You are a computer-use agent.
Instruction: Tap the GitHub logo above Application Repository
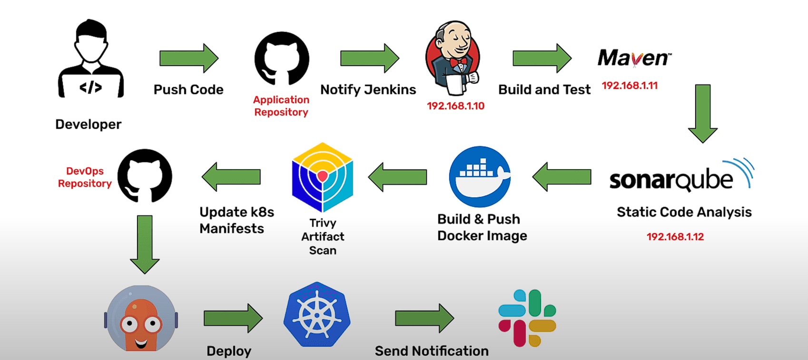(282, 58)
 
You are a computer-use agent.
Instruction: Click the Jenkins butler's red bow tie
(458, 62)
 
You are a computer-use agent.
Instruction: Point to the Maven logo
(634, 58)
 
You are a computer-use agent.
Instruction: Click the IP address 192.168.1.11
(630, 86)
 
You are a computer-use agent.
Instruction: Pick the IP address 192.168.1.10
(455, 106)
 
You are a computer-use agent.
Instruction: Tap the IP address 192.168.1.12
(675, 237)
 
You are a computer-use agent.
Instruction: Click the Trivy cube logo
(322, 177)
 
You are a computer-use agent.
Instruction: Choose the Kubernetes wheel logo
(317, 315)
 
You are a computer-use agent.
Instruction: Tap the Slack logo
(527, 318)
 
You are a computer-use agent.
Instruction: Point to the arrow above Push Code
(188, 58)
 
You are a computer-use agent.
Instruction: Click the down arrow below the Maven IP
(702, 113)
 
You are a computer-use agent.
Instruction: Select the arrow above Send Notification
(424, 318)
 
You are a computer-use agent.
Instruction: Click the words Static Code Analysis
(684, 212)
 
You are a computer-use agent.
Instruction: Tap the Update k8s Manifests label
(236, 220)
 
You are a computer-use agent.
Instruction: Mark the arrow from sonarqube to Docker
(562, 177)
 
